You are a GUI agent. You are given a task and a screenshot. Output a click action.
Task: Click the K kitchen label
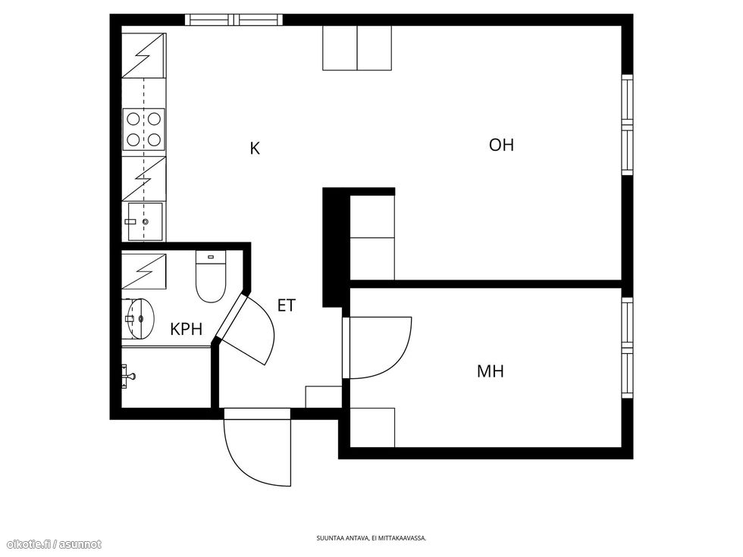click(255, 149)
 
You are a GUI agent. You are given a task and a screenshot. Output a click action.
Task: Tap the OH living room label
click(501, 145)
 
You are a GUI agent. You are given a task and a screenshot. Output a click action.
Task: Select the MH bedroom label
click(491, 371)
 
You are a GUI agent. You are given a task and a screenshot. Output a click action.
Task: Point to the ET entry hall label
click(287, 305)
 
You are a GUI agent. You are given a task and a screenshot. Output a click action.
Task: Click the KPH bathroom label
click(187, 329)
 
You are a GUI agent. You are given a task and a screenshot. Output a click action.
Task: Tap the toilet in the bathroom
click(211, 277)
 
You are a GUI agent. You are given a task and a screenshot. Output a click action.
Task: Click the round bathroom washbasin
click(141, 318)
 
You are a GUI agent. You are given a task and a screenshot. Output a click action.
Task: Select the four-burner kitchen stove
click(143, 130)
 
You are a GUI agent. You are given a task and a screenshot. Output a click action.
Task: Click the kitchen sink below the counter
click(145, 221)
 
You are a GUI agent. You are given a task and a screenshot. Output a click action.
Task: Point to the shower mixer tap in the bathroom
click(128, 376)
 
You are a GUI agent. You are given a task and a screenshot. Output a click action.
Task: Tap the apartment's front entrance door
click(257, 448)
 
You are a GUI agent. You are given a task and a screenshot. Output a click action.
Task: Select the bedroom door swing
click(378, 348)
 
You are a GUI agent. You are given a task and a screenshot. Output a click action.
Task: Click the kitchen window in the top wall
click(234, 20)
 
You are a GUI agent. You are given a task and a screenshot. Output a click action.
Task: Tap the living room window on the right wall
click(627, 124)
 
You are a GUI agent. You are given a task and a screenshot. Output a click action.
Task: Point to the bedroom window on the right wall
click(627, 348)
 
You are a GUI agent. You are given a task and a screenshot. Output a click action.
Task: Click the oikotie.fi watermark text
click(52, 545)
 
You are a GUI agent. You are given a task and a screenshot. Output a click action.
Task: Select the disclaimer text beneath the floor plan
click(371, 538)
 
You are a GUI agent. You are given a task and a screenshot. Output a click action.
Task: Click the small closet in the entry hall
click(324, 397)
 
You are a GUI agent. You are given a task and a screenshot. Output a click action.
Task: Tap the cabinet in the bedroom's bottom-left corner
click(372, 427)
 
